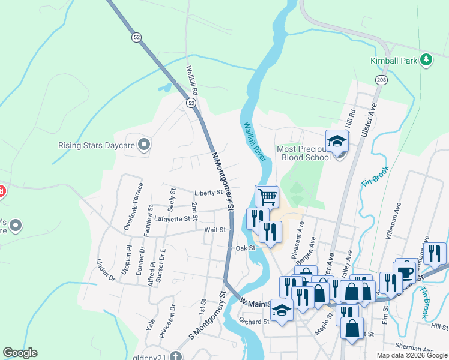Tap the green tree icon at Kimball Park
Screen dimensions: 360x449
tap(426, 59)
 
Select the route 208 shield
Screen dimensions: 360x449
tap(383, 80)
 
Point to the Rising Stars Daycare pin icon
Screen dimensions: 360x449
tap(143, 145)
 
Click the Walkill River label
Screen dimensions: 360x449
tap(255, 142)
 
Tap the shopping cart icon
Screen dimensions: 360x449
tap(267, 196)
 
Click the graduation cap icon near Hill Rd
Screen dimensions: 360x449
tap(337, 142)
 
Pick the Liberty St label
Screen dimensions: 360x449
tap(209, 193)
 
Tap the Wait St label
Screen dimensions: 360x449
tap(214, 230)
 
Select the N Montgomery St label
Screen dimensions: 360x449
tap(221, 181)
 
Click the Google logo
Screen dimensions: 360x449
tap(20, 353)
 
